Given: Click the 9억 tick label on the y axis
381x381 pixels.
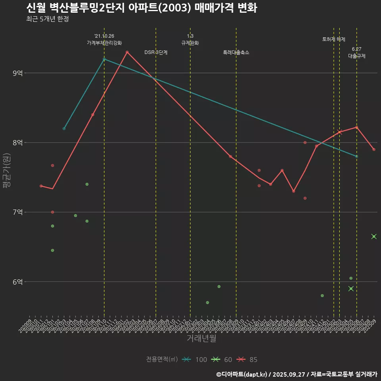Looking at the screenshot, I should pos(17,73).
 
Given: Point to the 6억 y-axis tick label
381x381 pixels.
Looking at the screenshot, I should pos(17,282).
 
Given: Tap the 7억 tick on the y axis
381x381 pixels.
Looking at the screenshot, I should pos(17,212).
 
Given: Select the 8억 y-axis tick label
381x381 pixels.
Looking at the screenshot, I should pos(17,142).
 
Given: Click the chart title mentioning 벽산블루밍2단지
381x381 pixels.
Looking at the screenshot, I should pos(141,8).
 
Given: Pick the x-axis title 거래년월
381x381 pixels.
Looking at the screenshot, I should pos(202,339).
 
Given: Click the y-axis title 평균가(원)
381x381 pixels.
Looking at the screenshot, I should pos(7,175).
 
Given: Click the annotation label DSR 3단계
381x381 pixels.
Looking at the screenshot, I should pos(156,52).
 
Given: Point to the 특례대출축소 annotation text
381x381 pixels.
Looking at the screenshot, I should pos(236,52).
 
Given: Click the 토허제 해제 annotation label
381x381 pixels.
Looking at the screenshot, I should pos(334,39).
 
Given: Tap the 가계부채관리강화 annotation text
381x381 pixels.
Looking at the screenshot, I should pos(104,42).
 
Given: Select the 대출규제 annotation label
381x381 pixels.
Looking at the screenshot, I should pos(357,56).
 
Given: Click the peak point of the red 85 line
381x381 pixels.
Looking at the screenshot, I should pos(127,52).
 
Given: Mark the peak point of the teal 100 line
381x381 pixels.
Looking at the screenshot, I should pos(104,59).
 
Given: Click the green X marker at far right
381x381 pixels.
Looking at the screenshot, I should pos(374,237).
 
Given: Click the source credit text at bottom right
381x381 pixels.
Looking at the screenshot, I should pos(296,374).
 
